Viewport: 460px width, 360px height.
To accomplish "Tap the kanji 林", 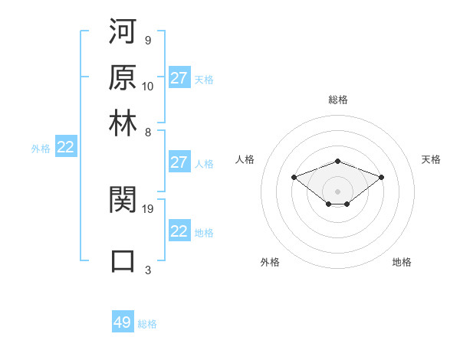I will [x=123, y=122].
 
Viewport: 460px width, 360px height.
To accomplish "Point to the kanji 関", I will [x=123, y=201].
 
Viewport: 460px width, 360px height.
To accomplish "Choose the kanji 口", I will [x=123, y=260].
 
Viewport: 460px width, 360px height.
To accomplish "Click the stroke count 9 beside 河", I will [x=147, y=40].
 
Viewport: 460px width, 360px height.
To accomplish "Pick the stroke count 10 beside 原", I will [x=148, y=86].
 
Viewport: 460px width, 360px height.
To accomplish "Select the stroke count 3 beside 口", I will [x=147, y=270].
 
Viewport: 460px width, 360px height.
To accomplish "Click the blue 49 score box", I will [x=123, y=322].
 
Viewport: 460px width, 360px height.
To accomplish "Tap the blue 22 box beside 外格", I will [x=65, y=148].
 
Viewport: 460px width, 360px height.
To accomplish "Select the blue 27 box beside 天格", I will [x=179, y=78].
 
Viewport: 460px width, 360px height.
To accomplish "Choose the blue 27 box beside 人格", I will [x=179, y=162].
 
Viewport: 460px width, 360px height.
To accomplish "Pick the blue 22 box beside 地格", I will [x=179, y=231].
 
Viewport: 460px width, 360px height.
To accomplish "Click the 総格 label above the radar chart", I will [x=337, y=100].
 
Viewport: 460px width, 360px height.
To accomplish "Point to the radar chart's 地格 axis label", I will [x=402, y=262].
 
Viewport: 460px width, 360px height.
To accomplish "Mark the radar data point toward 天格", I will [x=381, y=177].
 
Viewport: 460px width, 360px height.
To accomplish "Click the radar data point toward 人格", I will [x=294, y=177].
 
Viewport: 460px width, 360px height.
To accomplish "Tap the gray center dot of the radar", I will [x=337, y=191].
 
